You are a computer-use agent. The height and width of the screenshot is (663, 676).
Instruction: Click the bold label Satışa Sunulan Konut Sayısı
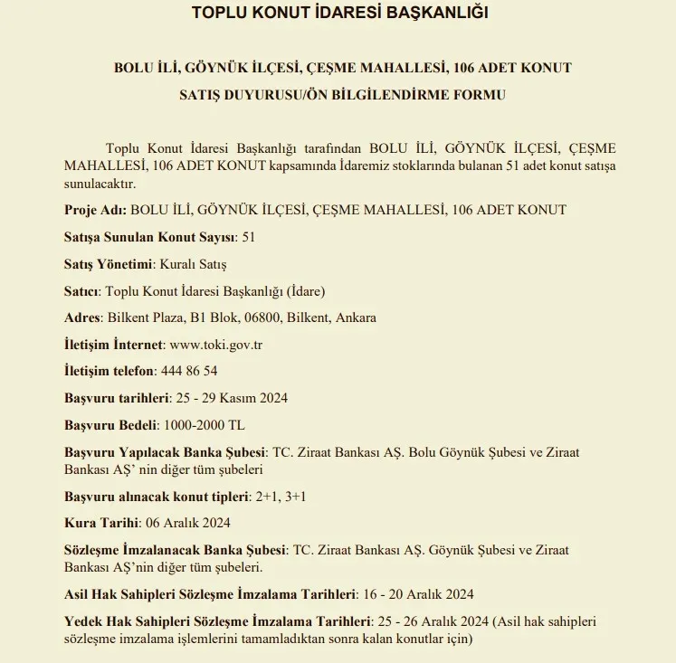(x=149, y=237)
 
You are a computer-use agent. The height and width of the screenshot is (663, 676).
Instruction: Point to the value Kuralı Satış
(x=193, y=264)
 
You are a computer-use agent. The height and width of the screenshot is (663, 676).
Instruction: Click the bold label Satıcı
(x=81, y=291)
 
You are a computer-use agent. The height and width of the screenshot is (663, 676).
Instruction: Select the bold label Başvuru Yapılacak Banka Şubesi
(x=165, y=451)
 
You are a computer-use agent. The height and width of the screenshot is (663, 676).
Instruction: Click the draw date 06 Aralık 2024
(x=188, y=523)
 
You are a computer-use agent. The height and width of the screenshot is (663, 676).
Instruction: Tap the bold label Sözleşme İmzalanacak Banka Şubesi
(x=175, y=550)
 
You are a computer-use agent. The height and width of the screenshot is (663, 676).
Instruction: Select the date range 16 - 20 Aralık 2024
(x=419, y=594)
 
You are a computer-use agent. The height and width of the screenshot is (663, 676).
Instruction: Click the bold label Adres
(x=82, y=317)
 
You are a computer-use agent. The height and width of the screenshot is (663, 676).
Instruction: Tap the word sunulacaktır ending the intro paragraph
(x=99, y=184)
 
